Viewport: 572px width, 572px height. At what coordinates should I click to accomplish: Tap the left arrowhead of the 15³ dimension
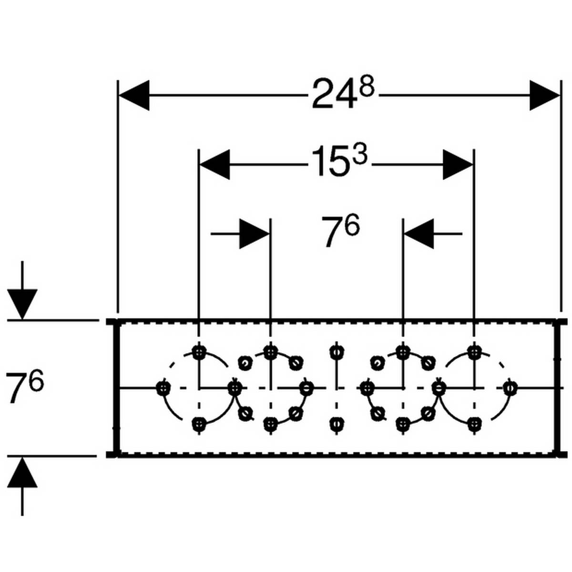tap(214, 164)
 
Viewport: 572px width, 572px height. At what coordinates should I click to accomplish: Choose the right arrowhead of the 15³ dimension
tap(458, 164)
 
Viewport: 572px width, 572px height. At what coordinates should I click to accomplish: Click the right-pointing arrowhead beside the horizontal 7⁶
tap(254, 234)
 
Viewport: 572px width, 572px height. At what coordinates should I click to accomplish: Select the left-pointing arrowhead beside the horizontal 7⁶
tap(419, 234)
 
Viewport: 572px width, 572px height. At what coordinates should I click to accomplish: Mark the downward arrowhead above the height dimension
tap(22, 303)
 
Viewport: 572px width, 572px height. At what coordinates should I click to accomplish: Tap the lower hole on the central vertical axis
tap(337, 422)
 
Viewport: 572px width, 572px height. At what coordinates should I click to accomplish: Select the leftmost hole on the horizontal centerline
tap(163, 388)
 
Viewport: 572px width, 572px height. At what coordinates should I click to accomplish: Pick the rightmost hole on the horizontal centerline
tap(510, 388)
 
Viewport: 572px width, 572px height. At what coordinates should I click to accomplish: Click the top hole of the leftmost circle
tap(199, 352)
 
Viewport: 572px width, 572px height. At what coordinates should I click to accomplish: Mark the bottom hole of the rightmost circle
tap(473, 422)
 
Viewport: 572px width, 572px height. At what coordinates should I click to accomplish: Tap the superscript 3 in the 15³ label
tap(360, 155)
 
